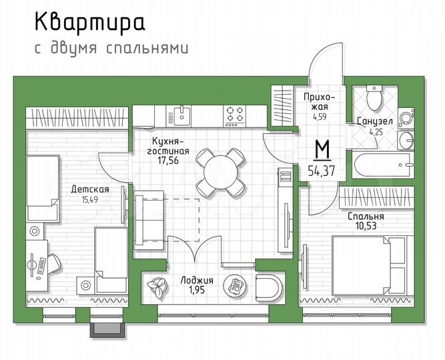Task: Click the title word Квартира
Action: [89, 23]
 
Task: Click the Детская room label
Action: [90, 189]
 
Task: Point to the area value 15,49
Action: [90, 199]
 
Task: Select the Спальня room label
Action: [366, 217]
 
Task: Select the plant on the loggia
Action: [157, 286]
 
